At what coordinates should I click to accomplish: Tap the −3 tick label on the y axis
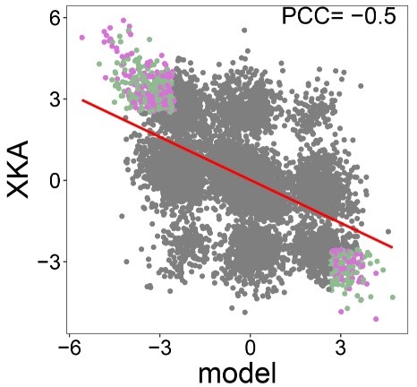pos(48,262)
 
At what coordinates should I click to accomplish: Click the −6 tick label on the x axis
pos(70,348)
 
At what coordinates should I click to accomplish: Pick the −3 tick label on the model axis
pos(160,348)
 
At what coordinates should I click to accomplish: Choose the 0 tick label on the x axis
pos(250,348)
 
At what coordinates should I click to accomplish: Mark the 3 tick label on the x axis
pos(340,348)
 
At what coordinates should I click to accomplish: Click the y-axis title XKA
pos(18,169)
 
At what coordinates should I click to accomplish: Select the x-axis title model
pos(237,374)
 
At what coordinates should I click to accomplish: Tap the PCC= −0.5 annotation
pos(339,16)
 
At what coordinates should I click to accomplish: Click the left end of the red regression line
pos(82,100)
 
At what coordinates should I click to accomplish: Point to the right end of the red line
pos(392,247)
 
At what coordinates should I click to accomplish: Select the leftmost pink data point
pos(82,38)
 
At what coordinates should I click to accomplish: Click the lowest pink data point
pos(376,319)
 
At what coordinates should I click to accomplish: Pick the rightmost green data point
pos(393,297)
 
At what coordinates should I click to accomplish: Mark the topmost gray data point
pos(244,30)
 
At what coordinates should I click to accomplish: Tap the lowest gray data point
pos(245,313)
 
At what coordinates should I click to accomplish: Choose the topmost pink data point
pos(123,21)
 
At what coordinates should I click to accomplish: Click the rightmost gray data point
pos(388,231)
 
